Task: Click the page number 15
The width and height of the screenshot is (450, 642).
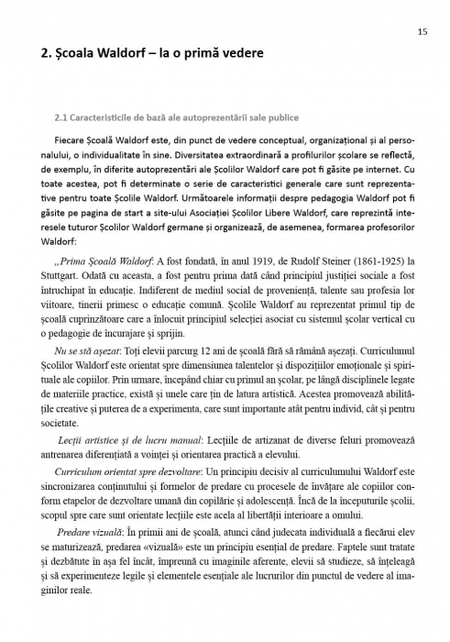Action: [421, 31]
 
